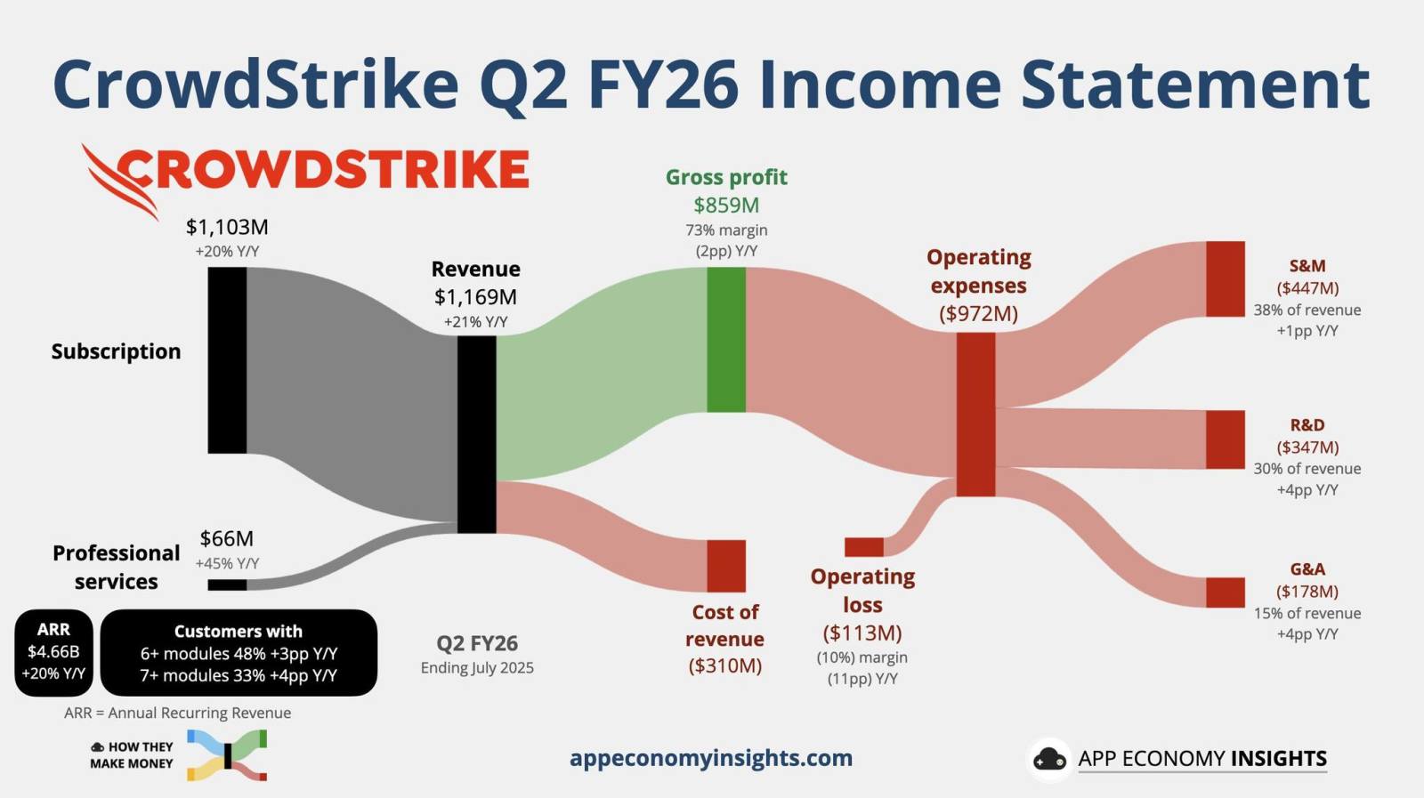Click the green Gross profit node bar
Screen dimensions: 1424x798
pos(726,339)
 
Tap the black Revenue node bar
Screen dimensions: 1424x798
pos(477,434)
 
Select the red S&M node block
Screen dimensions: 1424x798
pos(1225,279)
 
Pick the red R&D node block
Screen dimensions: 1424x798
pos(1225,439)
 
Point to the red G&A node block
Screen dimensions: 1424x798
pos(1225,592)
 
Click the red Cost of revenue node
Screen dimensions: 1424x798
pos(726,566)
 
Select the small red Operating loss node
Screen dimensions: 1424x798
pos(864,547)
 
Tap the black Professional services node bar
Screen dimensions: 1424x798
pos(227,584)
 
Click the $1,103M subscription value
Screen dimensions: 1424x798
pos(227,227)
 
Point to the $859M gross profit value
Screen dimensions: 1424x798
pos(726,206)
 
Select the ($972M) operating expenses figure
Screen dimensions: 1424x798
pos(978,313)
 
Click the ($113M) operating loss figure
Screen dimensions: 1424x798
pos(862,633)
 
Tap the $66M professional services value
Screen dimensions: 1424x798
pos(226,539)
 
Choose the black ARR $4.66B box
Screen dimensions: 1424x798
pos(53,652)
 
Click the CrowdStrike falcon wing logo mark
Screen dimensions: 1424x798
pos(120,181)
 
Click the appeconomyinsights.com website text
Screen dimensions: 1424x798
pos(711,758)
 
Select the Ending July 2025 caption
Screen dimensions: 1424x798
pos(477,668)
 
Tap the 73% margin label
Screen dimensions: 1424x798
pos(726,230)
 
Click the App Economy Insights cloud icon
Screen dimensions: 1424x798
pos(1049,759)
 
